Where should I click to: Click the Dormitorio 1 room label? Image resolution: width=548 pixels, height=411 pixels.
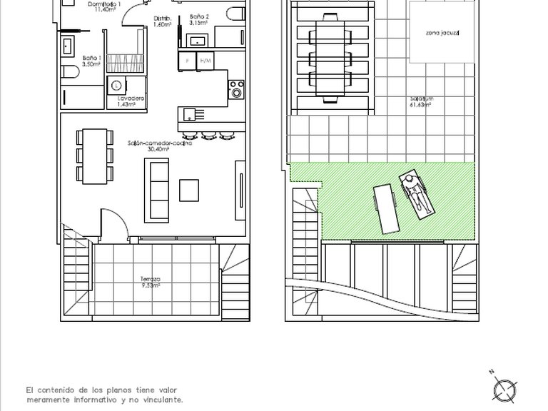(104, 7)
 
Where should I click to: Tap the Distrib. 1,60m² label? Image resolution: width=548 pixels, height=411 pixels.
(162, 21)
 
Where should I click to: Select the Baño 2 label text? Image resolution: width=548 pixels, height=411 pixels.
(199, 19)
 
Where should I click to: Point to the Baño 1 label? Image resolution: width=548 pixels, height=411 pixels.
(91, 61)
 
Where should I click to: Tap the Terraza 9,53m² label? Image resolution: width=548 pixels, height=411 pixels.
(151, 282)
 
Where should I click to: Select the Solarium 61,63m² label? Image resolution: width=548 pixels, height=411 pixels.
(422, 101)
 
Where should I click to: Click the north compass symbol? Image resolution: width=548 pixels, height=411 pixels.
(504, 389)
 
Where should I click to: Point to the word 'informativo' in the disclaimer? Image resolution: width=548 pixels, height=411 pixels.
(108, 400)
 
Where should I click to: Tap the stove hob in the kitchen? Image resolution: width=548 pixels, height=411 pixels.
(235, 89)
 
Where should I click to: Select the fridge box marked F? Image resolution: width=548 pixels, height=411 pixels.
(188, 61)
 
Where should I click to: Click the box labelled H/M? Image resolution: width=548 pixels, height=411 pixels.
(205, 61)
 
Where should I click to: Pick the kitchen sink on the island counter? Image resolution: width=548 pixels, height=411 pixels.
(189, 114)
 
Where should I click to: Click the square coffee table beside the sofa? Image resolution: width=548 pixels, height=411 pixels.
(190, 190)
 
